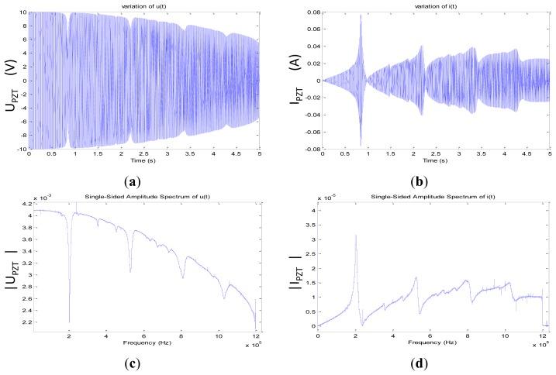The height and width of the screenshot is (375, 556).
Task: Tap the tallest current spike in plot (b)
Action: coord(361,15)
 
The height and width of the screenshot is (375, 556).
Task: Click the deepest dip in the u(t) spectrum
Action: coord(70,322)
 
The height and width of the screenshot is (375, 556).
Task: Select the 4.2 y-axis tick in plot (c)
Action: coord(21,204)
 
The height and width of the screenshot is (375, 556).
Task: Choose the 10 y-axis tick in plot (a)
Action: coord(23,13)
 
